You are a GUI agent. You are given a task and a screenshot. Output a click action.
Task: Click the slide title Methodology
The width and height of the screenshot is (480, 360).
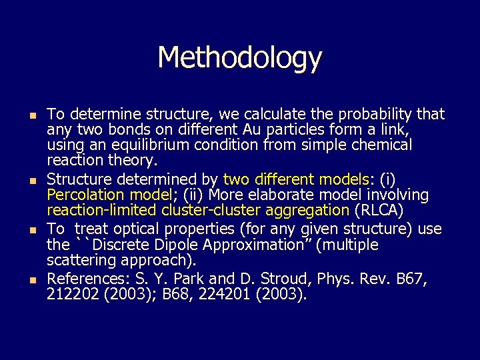click(239, 58)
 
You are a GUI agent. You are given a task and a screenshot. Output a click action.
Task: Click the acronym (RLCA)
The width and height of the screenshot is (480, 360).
click(379, 211)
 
